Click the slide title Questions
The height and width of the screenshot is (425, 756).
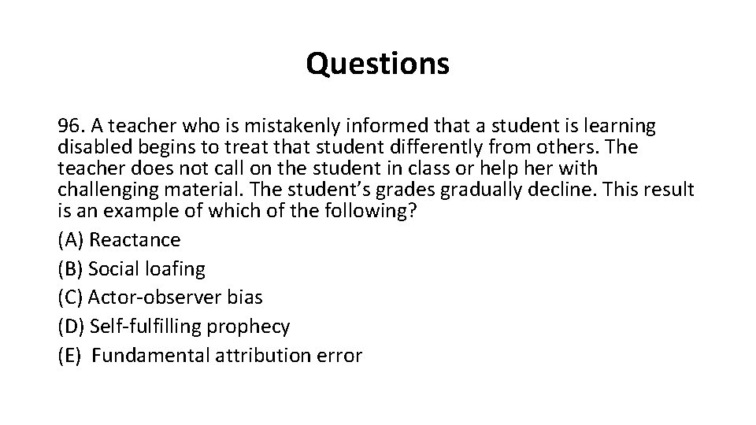[x=378, y=64]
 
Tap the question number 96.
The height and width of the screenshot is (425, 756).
[x=71, y=126]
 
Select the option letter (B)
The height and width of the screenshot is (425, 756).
[x=70, y=269]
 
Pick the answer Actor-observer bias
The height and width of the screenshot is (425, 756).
[x=175, y=297]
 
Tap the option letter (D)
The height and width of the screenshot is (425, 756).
[x=71, y=326]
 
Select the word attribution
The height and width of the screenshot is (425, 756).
[x=261, y=355]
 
